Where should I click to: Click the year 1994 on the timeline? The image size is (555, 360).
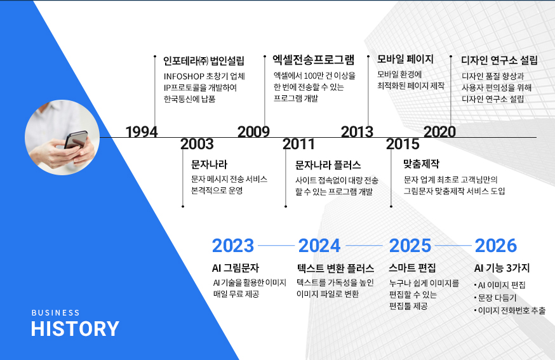point(142,131)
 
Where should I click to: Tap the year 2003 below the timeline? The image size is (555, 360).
point(197,144)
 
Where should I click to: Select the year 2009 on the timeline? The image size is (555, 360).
point(253,131)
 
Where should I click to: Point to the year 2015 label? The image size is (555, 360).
point(403,144)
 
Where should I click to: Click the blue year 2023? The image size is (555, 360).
point(233,246)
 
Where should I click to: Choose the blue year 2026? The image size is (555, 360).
point(496,246)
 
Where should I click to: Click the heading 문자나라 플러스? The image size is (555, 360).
point(328,165)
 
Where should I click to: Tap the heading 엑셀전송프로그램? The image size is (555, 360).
point(314,60)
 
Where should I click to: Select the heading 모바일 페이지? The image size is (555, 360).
point(405,59)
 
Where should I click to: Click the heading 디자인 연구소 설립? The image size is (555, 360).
point(499,60)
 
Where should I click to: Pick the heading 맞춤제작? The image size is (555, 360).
point(421,164)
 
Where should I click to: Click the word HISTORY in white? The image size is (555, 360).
point(75,329)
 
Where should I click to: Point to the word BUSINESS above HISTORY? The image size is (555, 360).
point(56,313)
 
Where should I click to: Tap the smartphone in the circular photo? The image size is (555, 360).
point(76,140)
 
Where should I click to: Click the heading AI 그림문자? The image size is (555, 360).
point(236,268)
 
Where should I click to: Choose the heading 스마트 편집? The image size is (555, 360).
point(412,268)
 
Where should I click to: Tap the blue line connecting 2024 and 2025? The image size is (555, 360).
point(364,245)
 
